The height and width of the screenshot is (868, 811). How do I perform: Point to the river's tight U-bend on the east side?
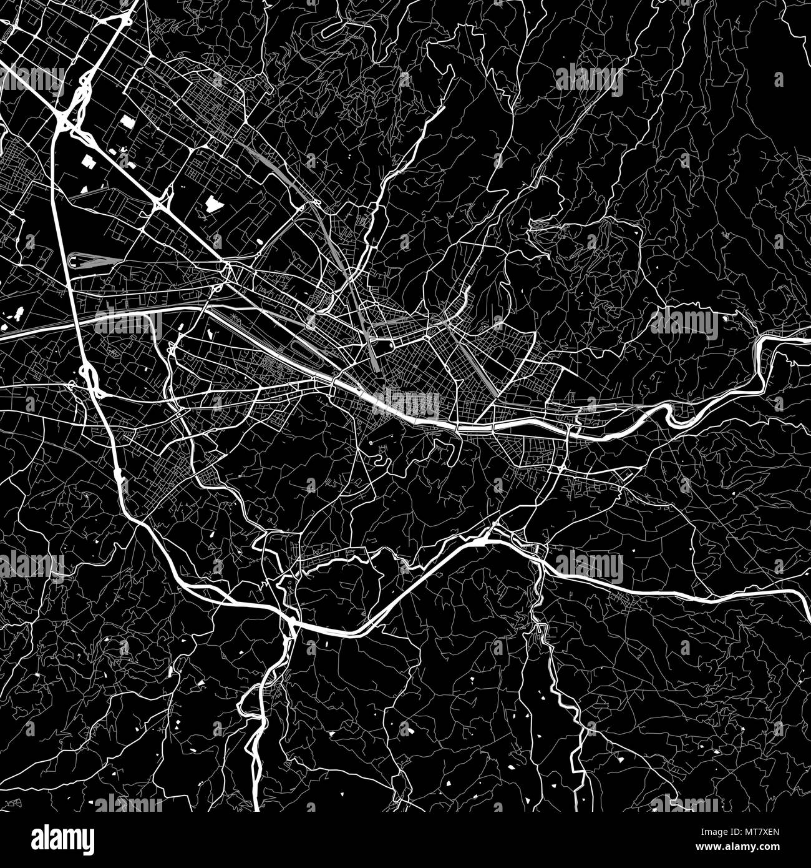pos(671,415)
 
